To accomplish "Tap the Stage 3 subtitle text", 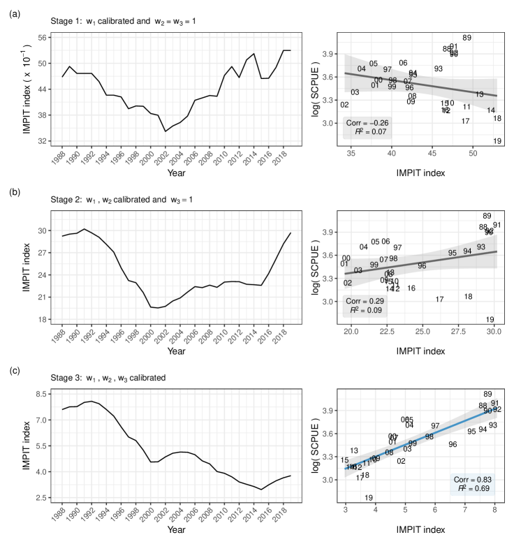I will (109, 378).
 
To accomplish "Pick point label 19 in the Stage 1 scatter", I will (497, 141).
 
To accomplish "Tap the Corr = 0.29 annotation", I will (366, 298).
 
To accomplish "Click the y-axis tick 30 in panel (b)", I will (43, 230).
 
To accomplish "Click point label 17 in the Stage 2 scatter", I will (440, 300).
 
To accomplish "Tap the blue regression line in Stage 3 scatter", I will (419, 436).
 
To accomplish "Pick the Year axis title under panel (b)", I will (176, 351).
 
